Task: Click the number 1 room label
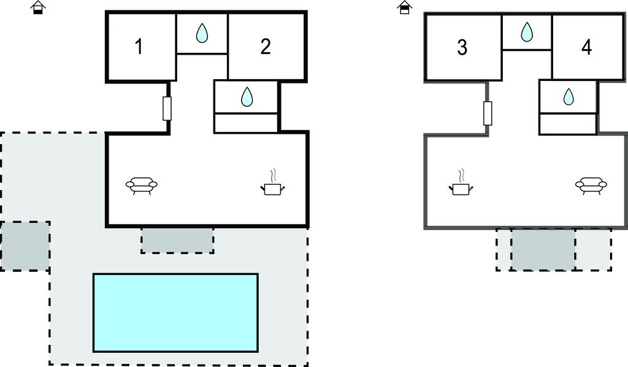tap(139, 47)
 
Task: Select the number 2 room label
tap(265, 47)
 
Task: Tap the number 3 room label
tap(462, 47)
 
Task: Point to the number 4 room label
tap(586, 47)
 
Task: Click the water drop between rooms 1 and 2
tap(202, 33)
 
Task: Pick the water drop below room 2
tap(247, 96)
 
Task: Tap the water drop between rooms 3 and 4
tap(527, 32)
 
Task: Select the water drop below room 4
tap(569, 96)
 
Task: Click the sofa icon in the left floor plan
tap(142, 184)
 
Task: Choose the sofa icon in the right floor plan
tap(591, 184)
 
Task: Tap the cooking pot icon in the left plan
tap(273, 185)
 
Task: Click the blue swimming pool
tap(175, 312)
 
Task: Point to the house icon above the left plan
tap(38, 7)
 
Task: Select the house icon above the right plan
tap(404, 7)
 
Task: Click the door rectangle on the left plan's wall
tap(167, 109)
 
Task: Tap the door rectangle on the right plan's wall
tap(488, 113)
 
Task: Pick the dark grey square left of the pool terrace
tap(25, 246)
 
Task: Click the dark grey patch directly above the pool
tap(177, 240)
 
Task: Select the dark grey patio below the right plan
tap(543, 249)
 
